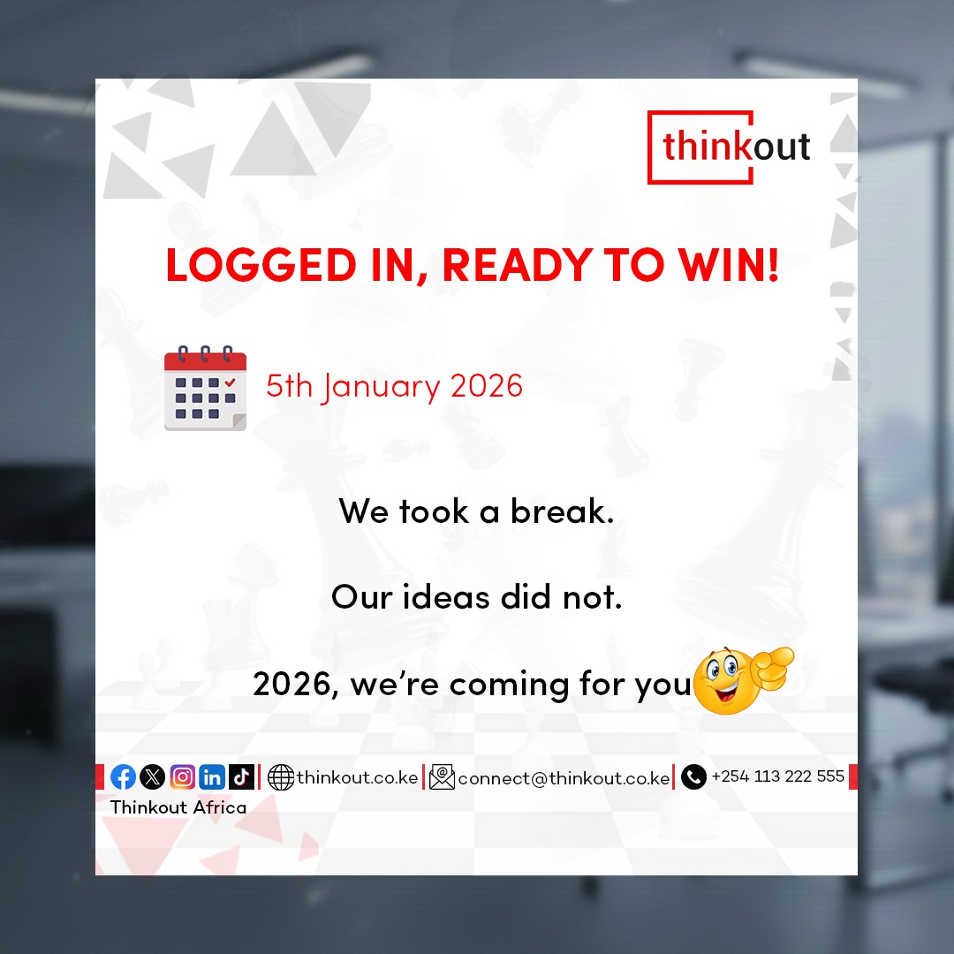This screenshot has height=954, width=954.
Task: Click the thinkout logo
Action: coord(736,147)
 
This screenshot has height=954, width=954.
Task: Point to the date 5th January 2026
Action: coord(394,386)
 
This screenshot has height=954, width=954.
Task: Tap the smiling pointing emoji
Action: coord(740,679)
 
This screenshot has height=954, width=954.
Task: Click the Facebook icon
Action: coord(124,777)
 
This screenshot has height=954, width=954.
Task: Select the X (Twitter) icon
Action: coord(153,777)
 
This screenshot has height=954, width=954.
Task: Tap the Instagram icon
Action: coord(182,777)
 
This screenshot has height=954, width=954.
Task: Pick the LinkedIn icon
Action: coord(212,777)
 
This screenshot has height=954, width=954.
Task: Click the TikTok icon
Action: coord(241,777)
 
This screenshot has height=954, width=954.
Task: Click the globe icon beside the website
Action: coord(280,777)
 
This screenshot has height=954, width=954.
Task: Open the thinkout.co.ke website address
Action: coord(357,777)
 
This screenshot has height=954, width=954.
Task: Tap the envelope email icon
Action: coord(442,777)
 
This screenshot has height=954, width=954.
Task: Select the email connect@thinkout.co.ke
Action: coord(564,778)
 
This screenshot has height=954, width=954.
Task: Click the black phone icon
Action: coord(693,777)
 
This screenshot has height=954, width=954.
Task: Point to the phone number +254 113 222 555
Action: coord(777,776)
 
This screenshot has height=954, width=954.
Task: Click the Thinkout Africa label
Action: coord(178,806)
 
